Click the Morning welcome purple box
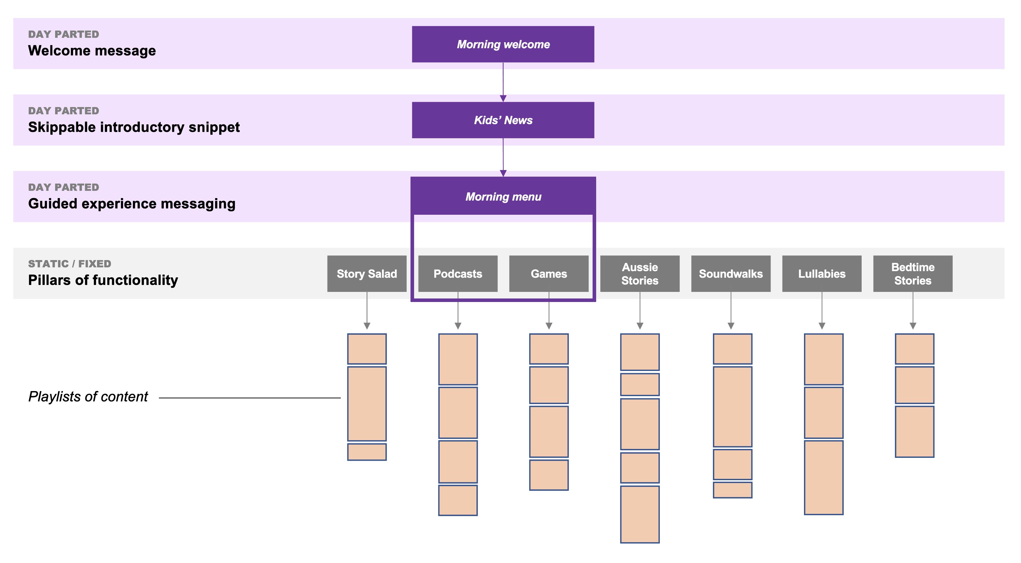coord(503,44)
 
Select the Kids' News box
coord(503,120)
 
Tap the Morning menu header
coord(503,196)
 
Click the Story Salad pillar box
coord(367,273)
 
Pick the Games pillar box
coord(549,273)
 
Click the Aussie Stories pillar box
coord(639,273)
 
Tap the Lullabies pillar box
coord(821,273)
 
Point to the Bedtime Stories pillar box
coord(912,273)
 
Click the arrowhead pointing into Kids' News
coord(503,98)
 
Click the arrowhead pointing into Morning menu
coord(503,173)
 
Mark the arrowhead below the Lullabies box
coord(822,326)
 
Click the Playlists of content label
coord(88,397)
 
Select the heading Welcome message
coord(92,51)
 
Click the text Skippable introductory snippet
coord(134,127)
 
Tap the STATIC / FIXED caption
coord(69,264)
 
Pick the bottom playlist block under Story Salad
coord(367,452)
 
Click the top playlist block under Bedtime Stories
coord(914,349)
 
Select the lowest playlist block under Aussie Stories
coord(639,514)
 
